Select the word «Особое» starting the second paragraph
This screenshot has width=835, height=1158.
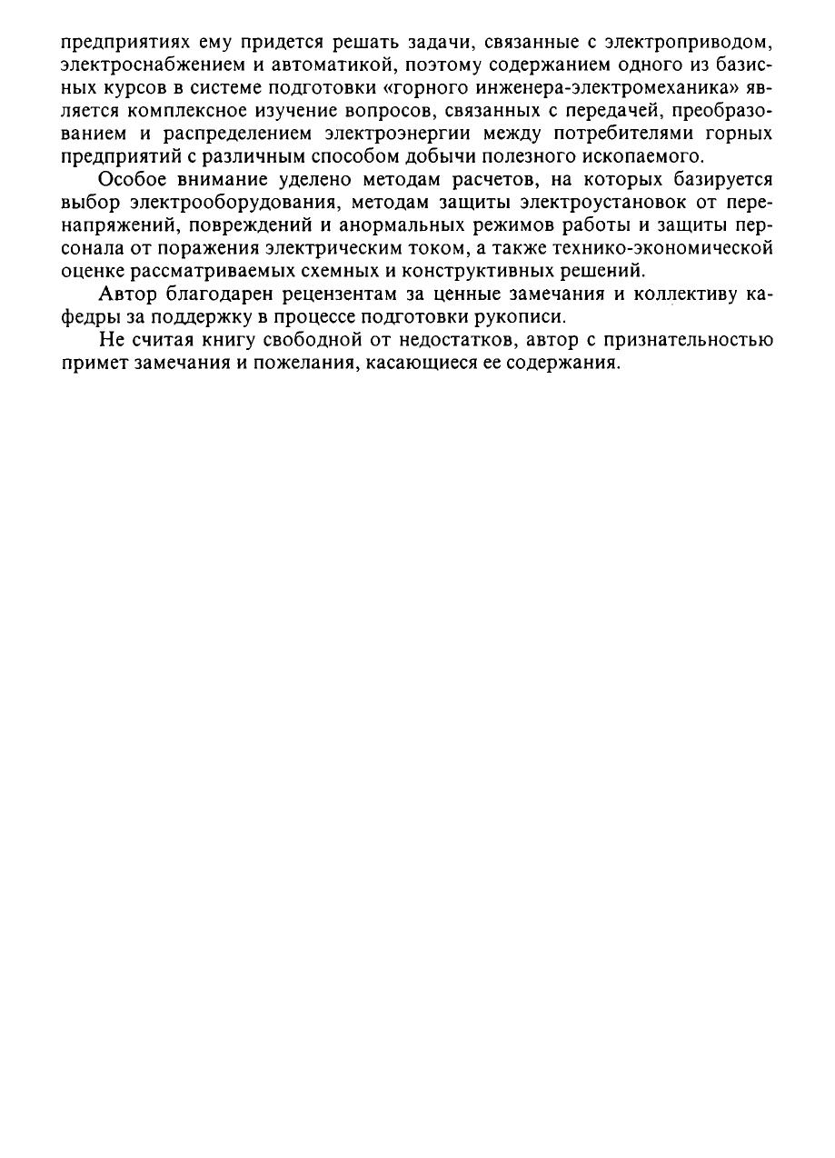coord(133,178)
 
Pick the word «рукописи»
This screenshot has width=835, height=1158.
coord(524,318)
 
